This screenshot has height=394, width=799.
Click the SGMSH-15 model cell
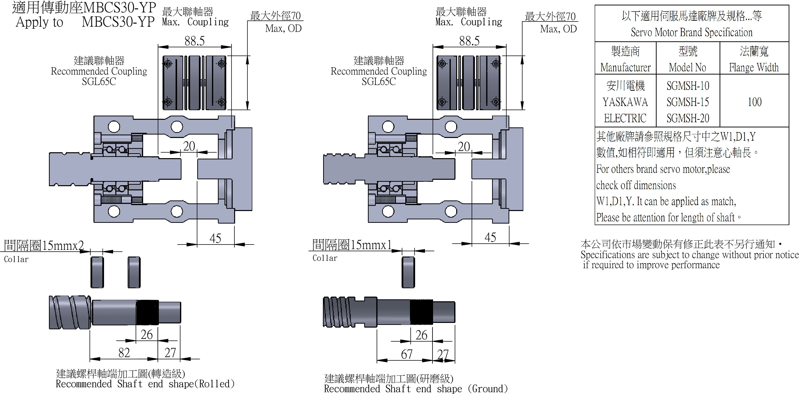coord(688,102)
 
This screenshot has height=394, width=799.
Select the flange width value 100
coord(754,102)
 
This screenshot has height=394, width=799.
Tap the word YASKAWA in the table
coord(625,102)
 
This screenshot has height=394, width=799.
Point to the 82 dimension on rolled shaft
coord(124,353)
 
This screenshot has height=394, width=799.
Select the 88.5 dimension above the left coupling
coord(195,41)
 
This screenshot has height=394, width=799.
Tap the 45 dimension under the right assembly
coord(490,237)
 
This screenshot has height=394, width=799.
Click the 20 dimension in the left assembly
coord(189,146)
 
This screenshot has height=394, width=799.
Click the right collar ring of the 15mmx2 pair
coord(134,272)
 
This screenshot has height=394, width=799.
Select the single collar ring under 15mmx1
coord(408,272)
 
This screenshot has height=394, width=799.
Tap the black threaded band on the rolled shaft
coord(147,312)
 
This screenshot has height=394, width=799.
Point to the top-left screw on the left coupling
coord(168,64)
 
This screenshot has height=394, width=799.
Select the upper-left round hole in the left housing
coord(114,127)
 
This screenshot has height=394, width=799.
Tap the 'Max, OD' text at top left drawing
coord(283,29)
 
